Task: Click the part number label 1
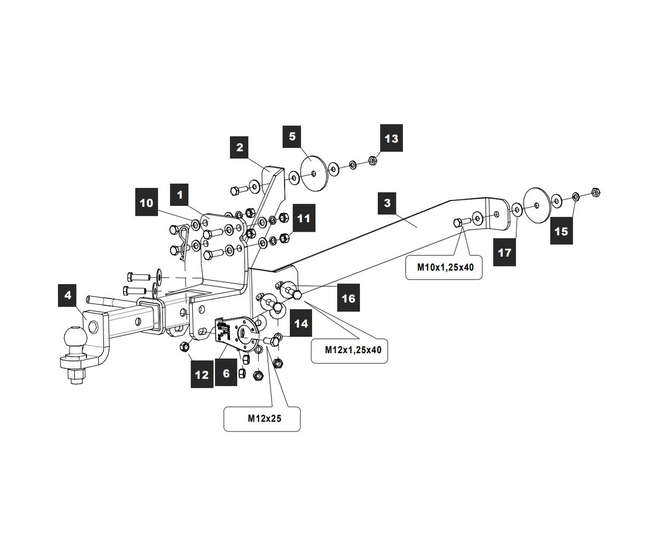[180, 194]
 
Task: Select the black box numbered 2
[240, 147]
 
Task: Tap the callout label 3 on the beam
[387, 203]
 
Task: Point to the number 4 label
[68, 296]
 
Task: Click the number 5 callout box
[292, 136]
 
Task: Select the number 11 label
[303, 218]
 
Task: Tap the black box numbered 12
[202, 375]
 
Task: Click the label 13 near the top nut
[391, 139]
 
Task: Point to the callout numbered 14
[301, 324]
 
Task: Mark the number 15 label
[561, 232]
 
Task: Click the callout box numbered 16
[348, 299]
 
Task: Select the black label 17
[504, 253]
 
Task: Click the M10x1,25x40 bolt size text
[445, 267]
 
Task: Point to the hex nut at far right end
[596, 192]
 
